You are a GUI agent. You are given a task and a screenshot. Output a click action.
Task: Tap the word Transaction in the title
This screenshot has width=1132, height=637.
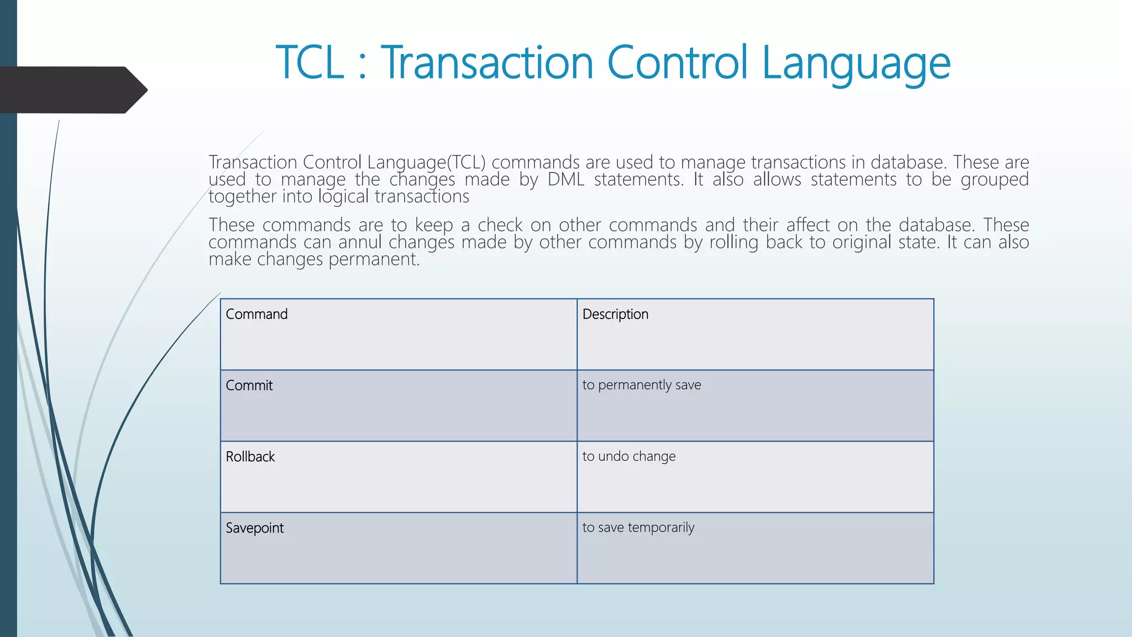pyautogui.click(x=487, y=62)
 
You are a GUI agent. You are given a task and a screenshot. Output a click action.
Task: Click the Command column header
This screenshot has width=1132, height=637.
pyautogui.click(x=256, y=314)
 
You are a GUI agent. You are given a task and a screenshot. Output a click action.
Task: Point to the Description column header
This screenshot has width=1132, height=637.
pyautogui.click(x=615, y=314)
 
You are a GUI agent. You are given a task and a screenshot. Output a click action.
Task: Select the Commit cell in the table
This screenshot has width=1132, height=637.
pyautogui.click(x=249, y=385)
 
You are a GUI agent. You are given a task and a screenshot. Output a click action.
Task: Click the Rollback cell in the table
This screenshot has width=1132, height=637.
pyautogui.click(x=250, y=457)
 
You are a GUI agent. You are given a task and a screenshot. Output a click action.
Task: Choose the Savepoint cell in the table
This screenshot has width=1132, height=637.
pyautogui.click(x=255, y=528)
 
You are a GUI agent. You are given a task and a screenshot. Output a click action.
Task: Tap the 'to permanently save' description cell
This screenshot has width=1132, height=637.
pyautogui.click(x=641, y=385)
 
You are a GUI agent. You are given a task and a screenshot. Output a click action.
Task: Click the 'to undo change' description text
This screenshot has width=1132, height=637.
pyautogui.click(x=628, y=456)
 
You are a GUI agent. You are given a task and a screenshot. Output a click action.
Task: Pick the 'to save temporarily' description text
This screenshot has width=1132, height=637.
pyautogui.click(x=638, y=528)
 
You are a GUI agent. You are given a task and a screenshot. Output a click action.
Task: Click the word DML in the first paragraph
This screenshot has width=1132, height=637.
pyautogui.click(x=566, y=180)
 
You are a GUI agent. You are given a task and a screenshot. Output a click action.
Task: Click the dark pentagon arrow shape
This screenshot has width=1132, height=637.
pyautogui.click(x=72, y=90)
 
